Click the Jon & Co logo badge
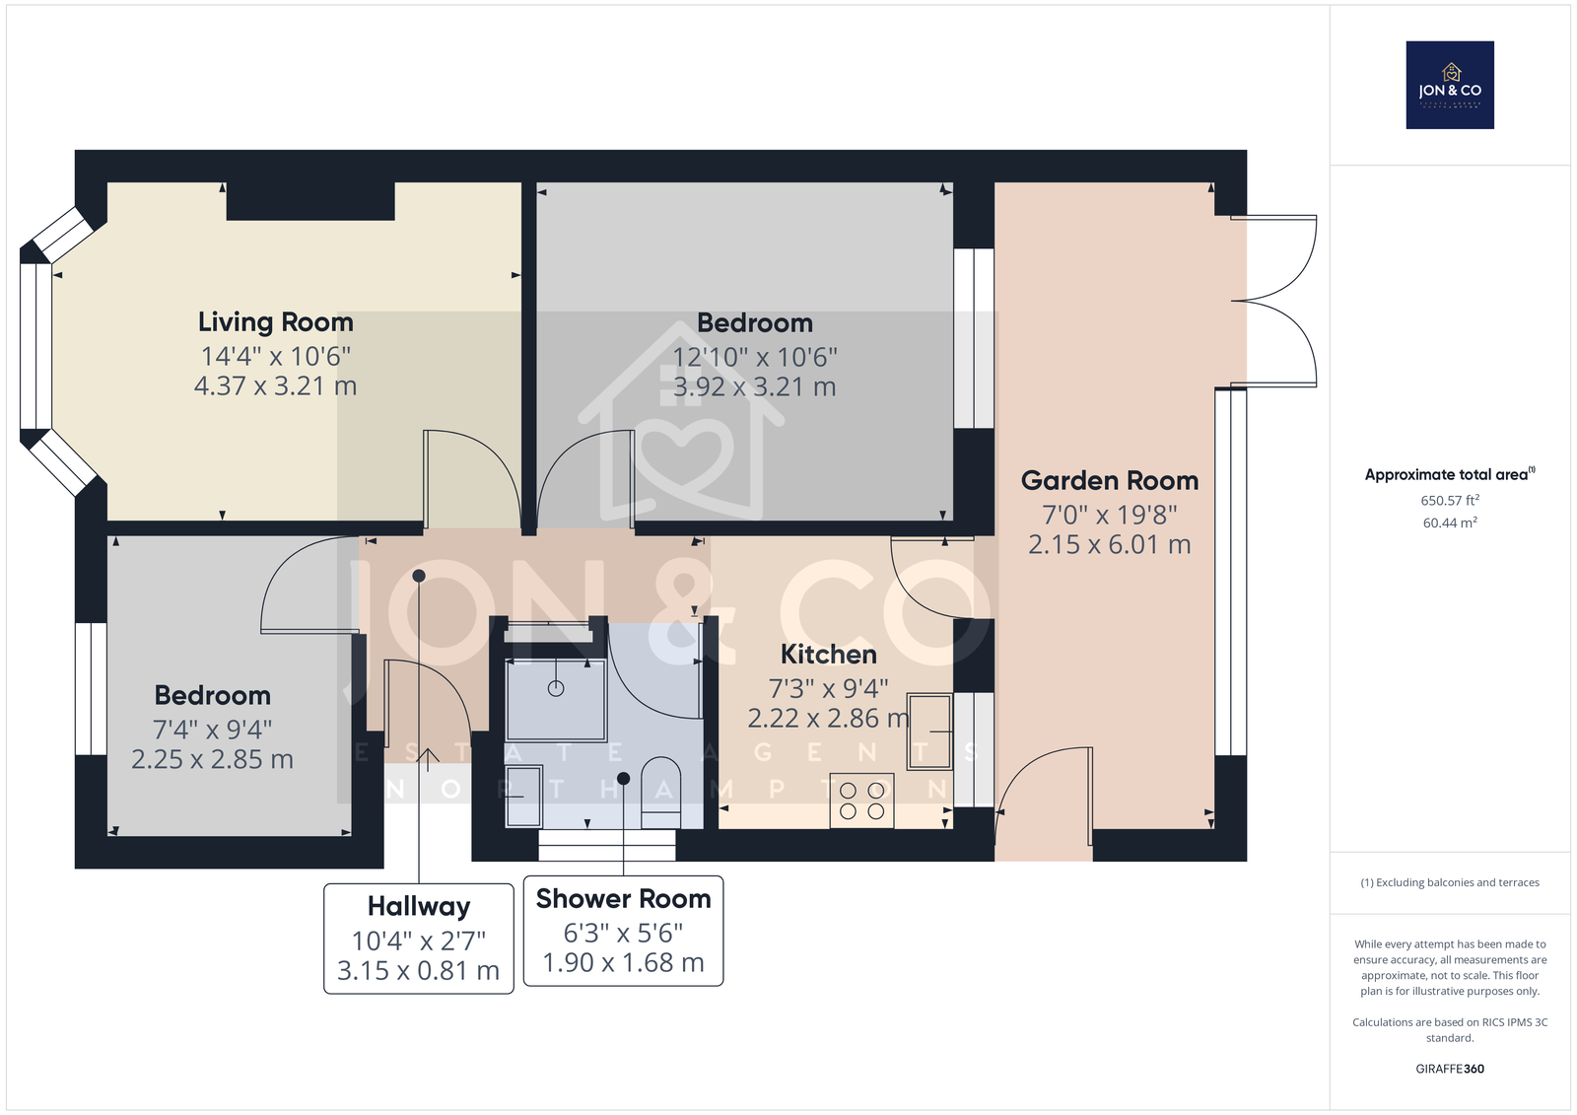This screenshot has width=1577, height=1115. [1450, 85]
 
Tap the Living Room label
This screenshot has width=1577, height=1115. [275, 322]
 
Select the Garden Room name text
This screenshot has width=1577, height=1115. [1110, 480]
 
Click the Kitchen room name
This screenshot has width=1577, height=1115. [829, 655]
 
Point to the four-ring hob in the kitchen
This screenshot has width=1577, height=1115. [861, 801]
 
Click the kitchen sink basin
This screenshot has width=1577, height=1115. [929, 732]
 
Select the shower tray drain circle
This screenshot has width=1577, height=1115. [556, 689]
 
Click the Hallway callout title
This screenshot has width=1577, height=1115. [419, 907]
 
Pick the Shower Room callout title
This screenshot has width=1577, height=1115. [623, 899]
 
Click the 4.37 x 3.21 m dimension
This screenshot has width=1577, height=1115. [275, 386]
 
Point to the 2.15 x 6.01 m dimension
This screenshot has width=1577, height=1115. [1110, 544]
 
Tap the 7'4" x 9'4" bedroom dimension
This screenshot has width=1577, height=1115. [213, 730]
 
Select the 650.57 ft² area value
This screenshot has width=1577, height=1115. [1450, 500]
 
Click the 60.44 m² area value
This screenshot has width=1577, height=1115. [1450, 523]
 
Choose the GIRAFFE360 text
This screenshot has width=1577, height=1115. [1450, 1069]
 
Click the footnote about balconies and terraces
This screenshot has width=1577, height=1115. [1450, 882]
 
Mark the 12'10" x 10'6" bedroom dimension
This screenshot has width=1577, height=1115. [755, 357]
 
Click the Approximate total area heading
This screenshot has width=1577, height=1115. [1450, 475]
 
